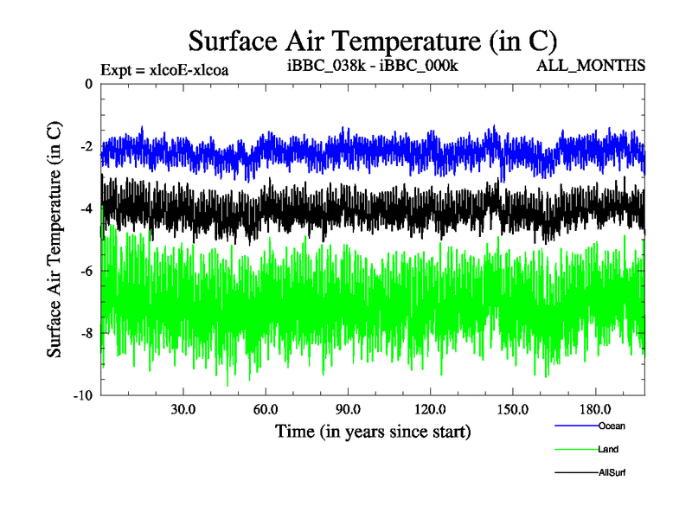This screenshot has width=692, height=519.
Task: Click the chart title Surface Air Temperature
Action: click(x=372, y=41)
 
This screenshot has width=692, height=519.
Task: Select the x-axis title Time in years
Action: click(x=372, y=430)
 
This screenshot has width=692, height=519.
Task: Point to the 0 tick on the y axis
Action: click(x=88, y=84)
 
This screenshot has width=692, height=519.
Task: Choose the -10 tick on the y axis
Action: click(x=83, y=395)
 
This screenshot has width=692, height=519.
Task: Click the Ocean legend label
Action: click(x=611, y=426)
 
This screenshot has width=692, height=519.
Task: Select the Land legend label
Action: click(x=608, y=449)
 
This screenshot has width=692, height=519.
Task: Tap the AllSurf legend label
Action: click(x=612, y=472)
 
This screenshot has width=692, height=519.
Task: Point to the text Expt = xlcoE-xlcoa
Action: click(x=164, y=69)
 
